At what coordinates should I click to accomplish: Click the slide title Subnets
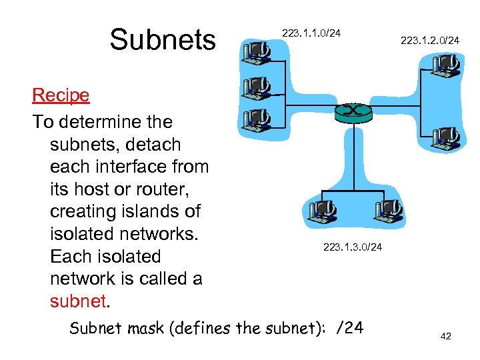(163, 40)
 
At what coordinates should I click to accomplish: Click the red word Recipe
(61, 95)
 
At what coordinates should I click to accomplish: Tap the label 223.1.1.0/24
(311, 33)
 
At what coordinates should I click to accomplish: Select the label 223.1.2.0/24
(429, 41)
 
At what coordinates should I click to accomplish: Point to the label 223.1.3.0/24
(353, 247)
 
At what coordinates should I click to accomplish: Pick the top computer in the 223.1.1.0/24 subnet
(256, 52)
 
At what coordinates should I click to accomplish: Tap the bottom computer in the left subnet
(256, 119)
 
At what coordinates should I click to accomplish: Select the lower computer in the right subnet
(445, 139)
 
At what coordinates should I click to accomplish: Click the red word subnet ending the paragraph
(78, 301)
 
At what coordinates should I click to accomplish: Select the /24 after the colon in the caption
(350, 328)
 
